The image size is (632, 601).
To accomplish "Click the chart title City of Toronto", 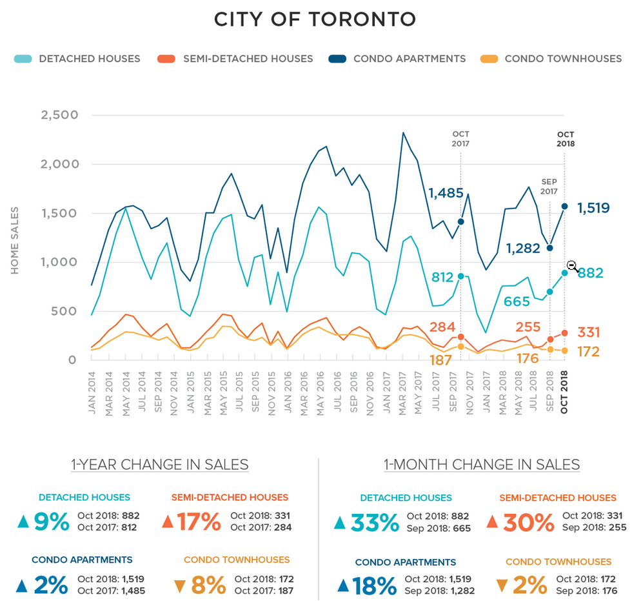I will pyautogui.click(x=315, y=19).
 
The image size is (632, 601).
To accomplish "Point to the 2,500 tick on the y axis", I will pyautogui.click(x=59, y=116).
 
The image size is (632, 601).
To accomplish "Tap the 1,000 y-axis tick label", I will pyautogui.click(x=59, y=262).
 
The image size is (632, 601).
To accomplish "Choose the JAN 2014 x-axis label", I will pyautogui.click(x=92, y=393).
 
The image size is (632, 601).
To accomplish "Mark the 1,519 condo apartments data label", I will pyautogui.click(x=593, y=208).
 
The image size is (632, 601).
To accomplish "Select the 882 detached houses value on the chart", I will pyautogui.click(x=591, y=273).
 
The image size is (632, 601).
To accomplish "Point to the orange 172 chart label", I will pyautogui.click(x=588, y=352).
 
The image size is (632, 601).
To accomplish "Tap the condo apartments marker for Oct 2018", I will pyautogui.click(x=564, y=207).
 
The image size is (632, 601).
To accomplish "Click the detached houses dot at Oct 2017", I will pyautogui.click(x=460, y=276).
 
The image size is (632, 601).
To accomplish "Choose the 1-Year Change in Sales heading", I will pyautogui.click(x=159, y=465).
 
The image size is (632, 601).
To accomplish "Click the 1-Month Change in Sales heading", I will pyautogui.click(x=482, y=465).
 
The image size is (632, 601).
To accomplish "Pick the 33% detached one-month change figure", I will pyautogui.click(x=375, y=522).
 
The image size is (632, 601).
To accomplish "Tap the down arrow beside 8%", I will pyautogui.click(x=179, y=586).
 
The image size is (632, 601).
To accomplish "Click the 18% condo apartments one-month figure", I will pyautogui.click(x=375, y=586).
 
